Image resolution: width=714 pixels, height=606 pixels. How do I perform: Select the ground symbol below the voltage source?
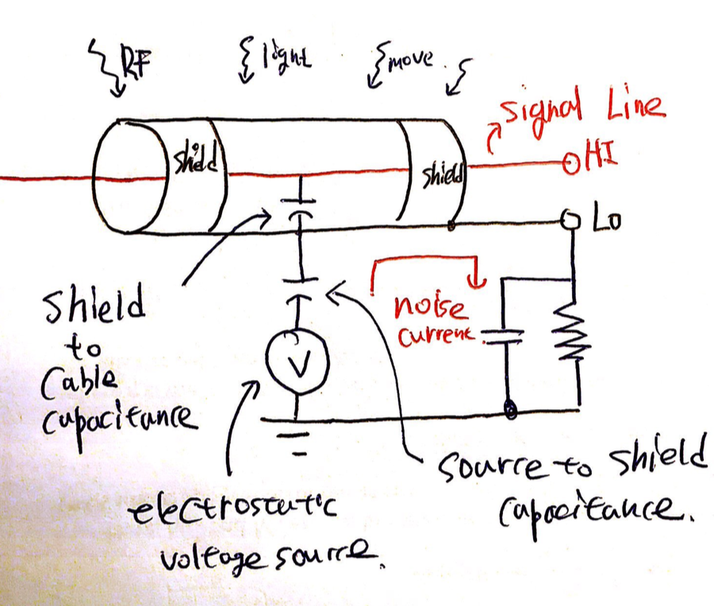[x=297, y=444]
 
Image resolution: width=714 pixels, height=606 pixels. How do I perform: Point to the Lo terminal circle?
[x=570, y=220]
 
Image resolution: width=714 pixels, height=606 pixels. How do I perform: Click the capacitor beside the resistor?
[x=506, y=336]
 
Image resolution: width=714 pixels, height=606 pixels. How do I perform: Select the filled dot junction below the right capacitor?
[x=509, y=411]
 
